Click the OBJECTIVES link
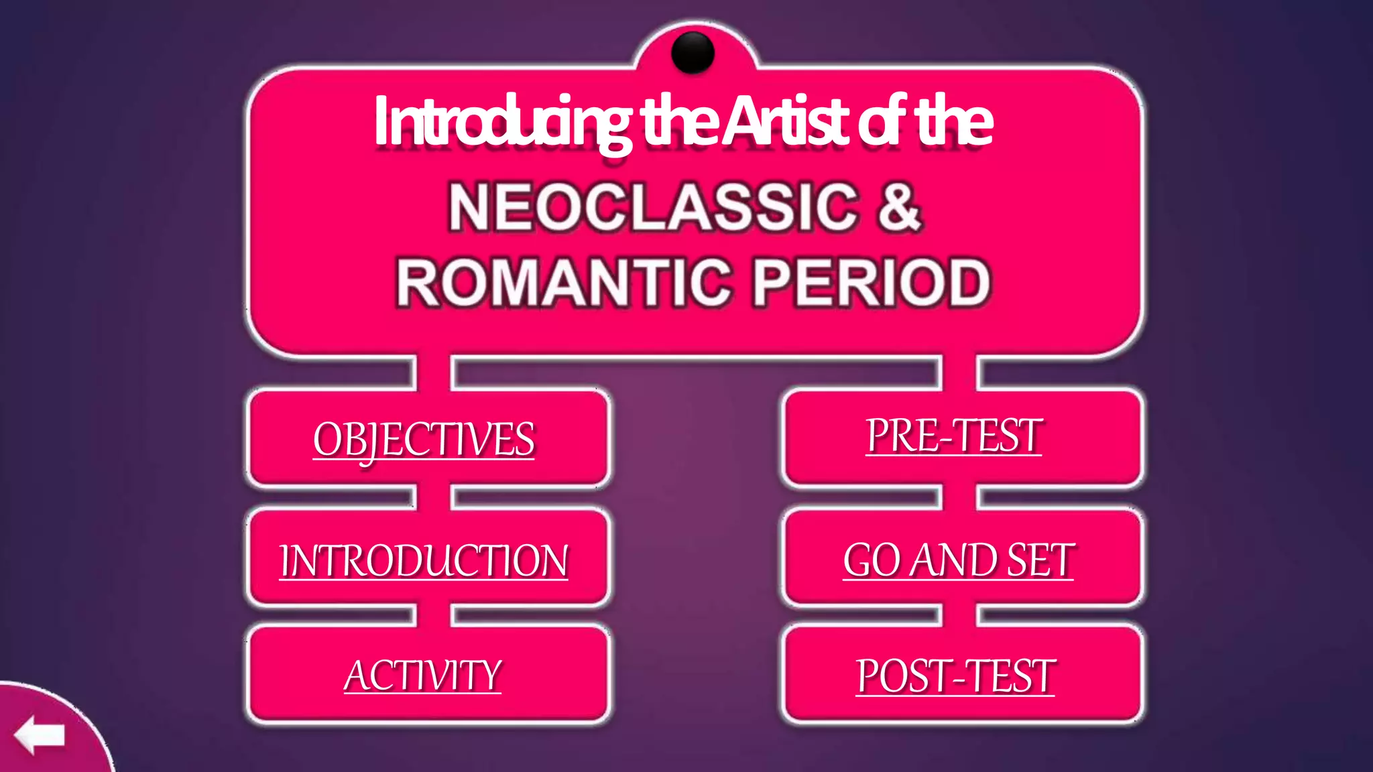(x=424, y=440)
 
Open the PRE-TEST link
(x=953, y=436)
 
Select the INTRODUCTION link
(x=424, y=560)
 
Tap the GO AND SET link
(x=959, y=560)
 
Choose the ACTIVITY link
(x=422, y=675)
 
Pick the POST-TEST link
(x=955, y=675)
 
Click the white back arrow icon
(x=40, y=734)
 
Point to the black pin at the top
(x=693, y=52)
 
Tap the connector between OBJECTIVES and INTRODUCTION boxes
(x=434, y=497)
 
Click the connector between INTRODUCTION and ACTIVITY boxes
(x=434, y=615)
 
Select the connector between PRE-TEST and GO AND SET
(x=959, y=497)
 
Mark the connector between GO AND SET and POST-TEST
(x=959, y=615)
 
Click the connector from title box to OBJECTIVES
(x=434, y=373)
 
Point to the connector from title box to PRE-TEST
(x=959, y=373)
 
